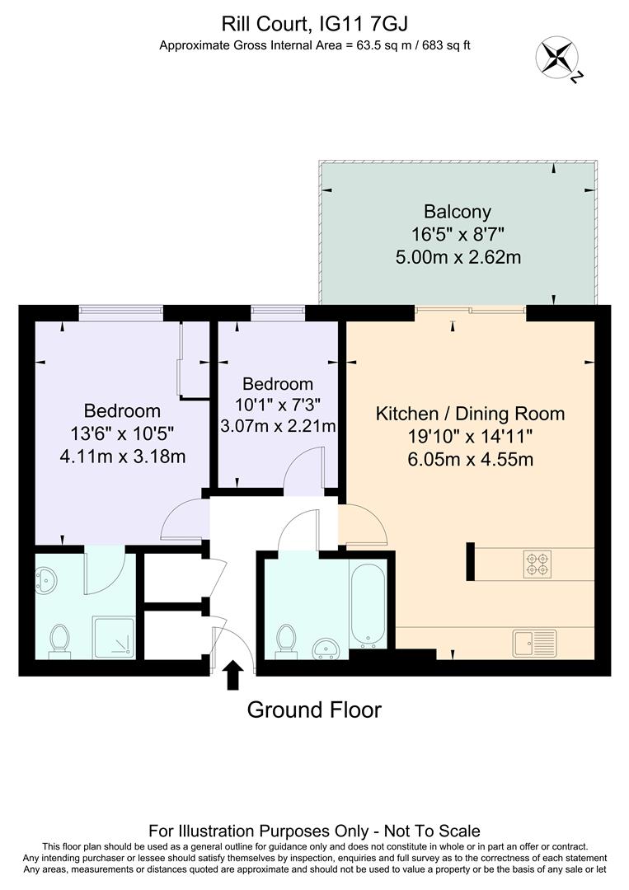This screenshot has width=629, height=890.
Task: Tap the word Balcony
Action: [458, 211]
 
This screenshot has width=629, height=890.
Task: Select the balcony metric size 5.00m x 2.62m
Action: [458, 257]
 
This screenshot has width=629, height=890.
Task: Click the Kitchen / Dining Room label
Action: [470, 414]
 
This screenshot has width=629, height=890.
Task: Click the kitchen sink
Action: [534, 640]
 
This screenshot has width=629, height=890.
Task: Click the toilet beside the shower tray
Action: [59, 640]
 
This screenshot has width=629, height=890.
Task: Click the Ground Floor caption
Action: [314, 710]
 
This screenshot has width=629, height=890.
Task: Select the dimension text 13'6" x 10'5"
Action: [122, 433]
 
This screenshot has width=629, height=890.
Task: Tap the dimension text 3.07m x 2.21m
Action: [278, 426]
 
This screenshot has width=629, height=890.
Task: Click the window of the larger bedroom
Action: [121, 311]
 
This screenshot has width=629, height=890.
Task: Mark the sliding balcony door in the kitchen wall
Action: [470, 311]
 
